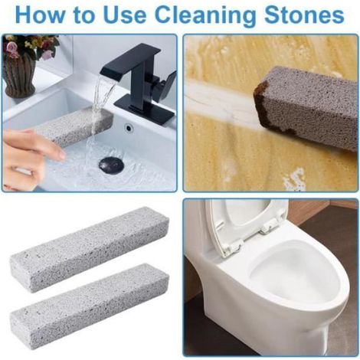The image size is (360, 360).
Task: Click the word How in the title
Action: coord(40,15)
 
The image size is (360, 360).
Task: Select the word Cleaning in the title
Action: coord(205,16)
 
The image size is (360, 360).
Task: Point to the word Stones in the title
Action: coord(304,15)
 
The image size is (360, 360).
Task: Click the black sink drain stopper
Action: coord(111,165)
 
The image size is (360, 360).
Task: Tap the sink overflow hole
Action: coord(129,127)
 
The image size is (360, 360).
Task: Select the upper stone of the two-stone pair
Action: coord(90,250)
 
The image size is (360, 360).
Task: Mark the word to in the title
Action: coord(84,15)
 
